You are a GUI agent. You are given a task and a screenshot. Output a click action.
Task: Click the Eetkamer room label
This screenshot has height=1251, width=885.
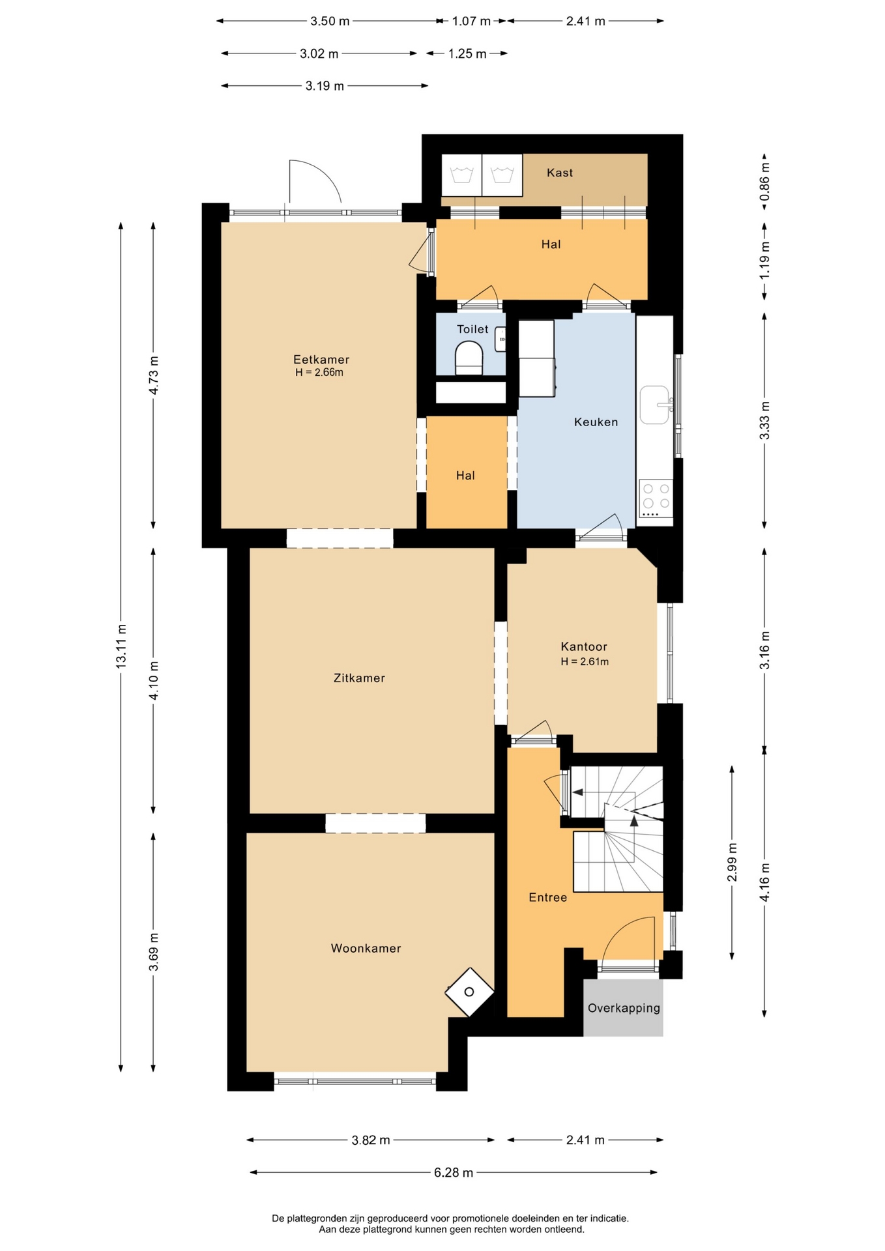point(321,359)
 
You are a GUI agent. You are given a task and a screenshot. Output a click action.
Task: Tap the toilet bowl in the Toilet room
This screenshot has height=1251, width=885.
point(469,359)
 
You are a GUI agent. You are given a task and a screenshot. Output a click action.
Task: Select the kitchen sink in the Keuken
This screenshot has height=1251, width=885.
point(655,405)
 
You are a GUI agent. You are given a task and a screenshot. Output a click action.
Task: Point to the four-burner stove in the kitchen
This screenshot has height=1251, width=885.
point(656,498)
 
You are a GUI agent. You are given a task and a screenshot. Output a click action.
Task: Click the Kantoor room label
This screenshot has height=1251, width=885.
point(584,646)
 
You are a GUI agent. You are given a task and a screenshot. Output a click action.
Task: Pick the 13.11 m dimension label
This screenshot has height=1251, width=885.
point(121,646)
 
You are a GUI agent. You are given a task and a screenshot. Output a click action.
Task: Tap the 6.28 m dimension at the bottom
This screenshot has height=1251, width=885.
point(454,1172)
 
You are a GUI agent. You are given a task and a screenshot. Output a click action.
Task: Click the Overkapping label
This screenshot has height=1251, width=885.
point(624,1008)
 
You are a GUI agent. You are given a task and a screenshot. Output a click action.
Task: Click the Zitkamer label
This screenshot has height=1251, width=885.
point(359,678)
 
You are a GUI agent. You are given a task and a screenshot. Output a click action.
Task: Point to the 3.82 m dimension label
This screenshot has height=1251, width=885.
point(371,1140)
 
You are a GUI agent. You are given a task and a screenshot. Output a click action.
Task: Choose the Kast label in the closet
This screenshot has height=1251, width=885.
point(560,172)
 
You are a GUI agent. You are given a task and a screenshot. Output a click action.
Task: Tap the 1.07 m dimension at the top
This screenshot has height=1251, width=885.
point(471,21)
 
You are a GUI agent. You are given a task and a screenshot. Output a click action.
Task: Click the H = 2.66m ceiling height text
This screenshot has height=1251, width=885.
point(319,373)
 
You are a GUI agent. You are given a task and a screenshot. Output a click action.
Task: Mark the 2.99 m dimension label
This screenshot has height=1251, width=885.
point(732,862)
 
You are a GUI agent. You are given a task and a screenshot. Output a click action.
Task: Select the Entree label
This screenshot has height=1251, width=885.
point(547,897)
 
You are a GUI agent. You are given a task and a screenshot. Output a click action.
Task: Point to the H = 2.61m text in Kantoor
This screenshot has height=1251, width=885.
point(585,661)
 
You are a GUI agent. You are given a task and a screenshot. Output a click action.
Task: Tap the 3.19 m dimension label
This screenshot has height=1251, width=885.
point(325,85)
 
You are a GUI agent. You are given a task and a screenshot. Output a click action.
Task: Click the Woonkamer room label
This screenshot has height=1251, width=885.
point(366,948)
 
